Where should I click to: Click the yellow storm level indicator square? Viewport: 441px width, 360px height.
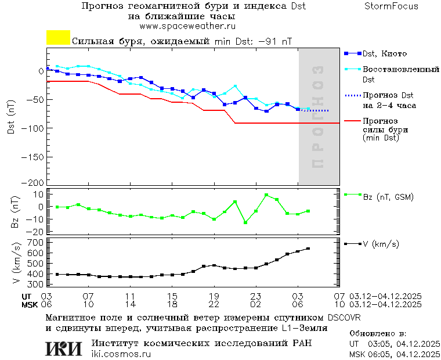tap(58, 38)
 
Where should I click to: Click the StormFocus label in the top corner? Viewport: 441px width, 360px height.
tap(391, 6)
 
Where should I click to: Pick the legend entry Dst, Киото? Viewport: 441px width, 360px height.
tap(384, 54)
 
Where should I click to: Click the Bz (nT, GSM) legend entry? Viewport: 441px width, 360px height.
tap(388, 197)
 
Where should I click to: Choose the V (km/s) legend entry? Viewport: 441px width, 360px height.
tap(381, 244)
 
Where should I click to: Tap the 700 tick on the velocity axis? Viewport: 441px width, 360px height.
tap(35, 242)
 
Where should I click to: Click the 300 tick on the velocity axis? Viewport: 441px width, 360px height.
tap(35, 285)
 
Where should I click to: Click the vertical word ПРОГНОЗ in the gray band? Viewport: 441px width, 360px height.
tap(317, 116)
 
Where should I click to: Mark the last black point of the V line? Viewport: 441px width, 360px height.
tap(308, 249)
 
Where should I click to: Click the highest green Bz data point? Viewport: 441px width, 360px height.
tap(266, 195)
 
